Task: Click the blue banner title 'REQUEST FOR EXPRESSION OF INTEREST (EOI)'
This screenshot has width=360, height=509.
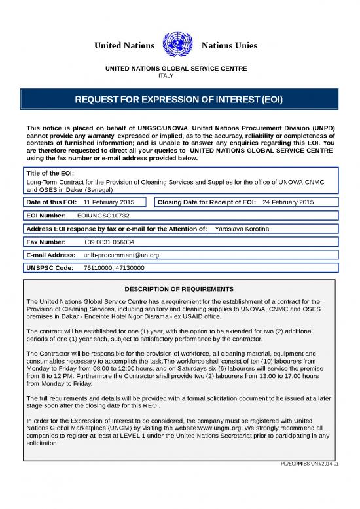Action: (x=179, y=101)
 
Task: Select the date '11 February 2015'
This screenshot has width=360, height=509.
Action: (x=109, y=202)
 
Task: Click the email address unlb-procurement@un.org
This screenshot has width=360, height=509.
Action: (x=122, y=255)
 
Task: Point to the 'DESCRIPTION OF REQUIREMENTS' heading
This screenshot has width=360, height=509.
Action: (x=179, y=289)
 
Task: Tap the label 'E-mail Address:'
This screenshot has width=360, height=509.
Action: (x=51, y=255)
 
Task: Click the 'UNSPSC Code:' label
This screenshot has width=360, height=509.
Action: (x=49, y=268)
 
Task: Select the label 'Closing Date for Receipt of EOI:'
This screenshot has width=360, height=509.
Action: (x=207, y=202)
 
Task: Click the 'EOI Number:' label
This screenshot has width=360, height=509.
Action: (x=46, y=215)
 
